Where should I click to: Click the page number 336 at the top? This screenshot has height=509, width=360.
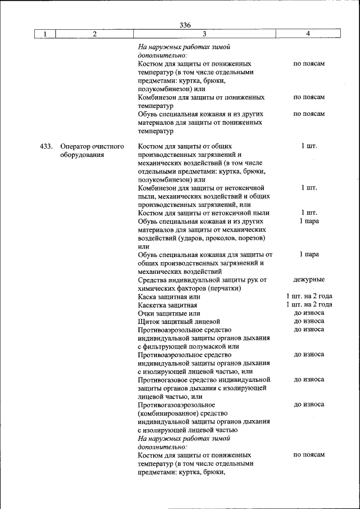pos(185,25)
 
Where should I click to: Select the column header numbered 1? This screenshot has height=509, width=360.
pos(44,34)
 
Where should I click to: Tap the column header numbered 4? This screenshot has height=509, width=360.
pos(308,34)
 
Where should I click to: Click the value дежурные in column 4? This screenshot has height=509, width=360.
pos(309,280)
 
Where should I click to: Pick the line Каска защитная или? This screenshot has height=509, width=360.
pos(169,296)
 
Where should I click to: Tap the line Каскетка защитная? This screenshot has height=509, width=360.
pos(167,305)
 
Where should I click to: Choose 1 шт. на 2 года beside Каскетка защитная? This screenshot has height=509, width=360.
pos(309,305)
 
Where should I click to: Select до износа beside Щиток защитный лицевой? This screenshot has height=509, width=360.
pos(309,321)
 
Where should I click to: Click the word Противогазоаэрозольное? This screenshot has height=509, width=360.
pos(176,404)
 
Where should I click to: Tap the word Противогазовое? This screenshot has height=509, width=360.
pos(163,380)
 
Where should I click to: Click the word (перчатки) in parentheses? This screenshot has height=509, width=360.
pos(225,288)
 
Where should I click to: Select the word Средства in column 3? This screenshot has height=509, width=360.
pos(152,280)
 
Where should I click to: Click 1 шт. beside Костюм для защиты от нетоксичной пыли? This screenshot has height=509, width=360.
pos(309,213)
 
